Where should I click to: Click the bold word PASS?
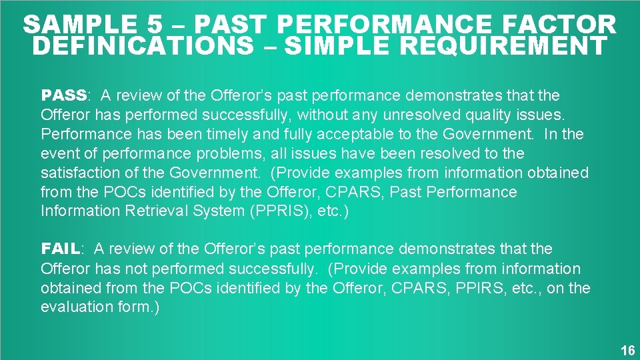click(x=64, y=95)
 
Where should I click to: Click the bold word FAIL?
click(x=61, y=249)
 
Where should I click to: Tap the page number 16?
click(x=627, y=351)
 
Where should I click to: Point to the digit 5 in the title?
click(x=155, y=25)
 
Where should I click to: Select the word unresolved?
click(x=407, y=115)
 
